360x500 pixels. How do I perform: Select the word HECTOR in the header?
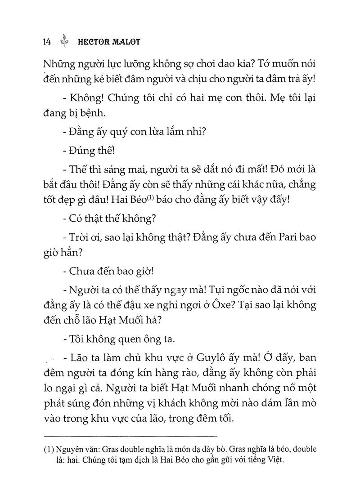click(93, 41)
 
